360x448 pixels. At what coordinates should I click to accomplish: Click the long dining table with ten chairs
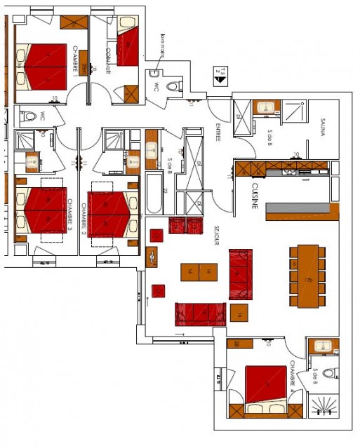pos(307,276)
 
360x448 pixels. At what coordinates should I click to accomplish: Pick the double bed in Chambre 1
pos(45,65)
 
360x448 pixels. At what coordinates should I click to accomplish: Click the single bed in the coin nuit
pos(128,47)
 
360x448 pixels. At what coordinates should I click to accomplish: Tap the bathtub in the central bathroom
pos(153,194)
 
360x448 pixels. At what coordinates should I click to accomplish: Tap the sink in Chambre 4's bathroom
pos(324,346)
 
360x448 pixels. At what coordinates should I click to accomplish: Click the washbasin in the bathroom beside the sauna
pos(267,107)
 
